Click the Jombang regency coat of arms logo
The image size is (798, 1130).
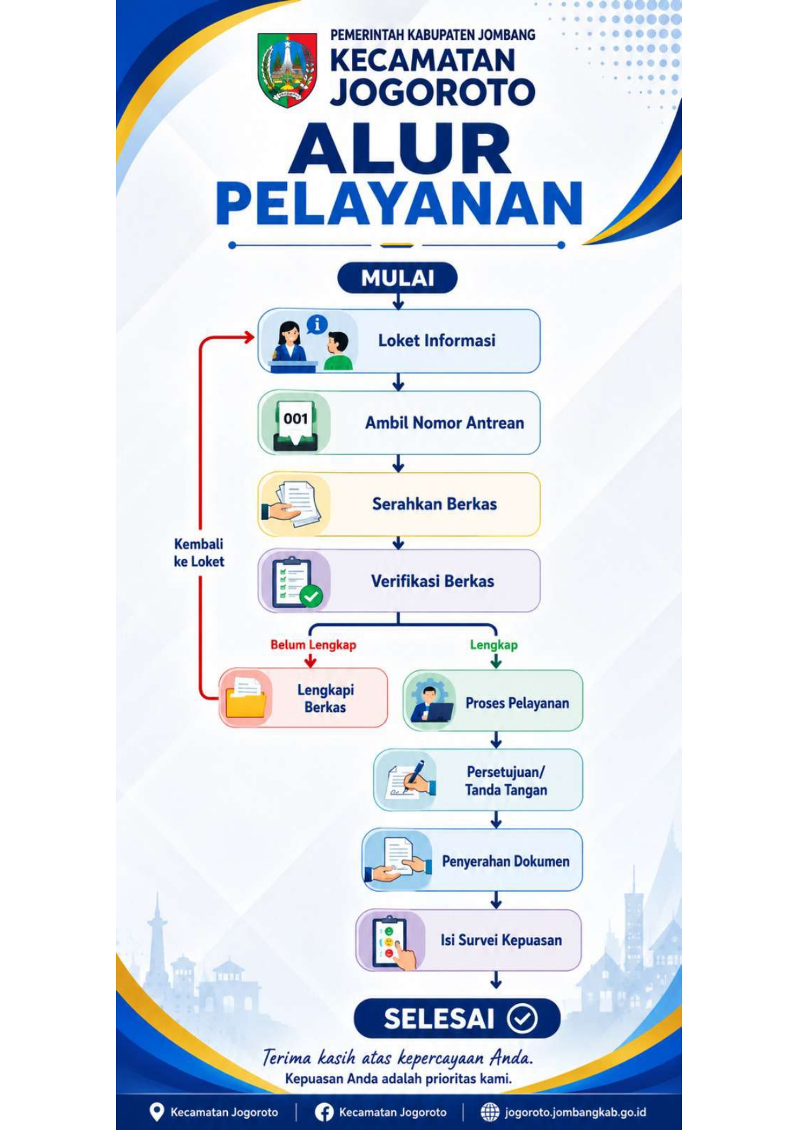[287, 70]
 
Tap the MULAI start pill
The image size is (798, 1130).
[398, 278]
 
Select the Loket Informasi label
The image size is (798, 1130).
[437, 341]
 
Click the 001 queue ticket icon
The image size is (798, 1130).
[295, 423]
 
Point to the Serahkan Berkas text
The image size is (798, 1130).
[434, 504]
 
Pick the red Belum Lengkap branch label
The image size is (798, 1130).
[313, 645]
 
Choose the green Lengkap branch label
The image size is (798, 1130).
[494, 645]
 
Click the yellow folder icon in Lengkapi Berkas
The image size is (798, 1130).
[246, 699]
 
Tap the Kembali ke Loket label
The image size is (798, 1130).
[199, 552]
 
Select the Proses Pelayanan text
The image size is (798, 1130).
[517, 703]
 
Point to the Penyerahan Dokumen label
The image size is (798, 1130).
[506, 862]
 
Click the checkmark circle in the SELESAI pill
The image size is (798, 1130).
[522, 1019]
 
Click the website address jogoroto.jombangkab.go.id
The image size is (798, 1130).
[575, 1112]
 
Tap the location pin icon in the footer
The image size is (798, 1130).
[156, 1112]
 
